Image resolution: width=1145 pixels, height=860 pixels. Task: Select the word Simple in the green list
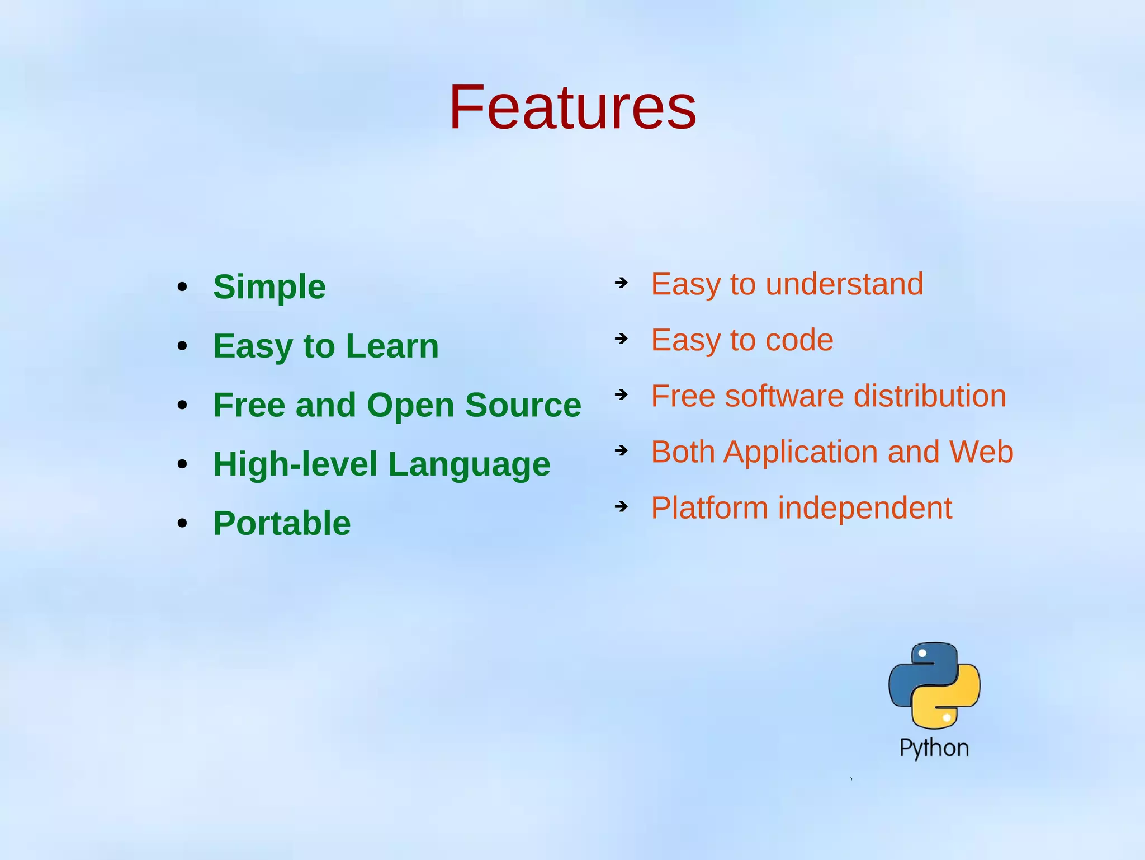pyautogui.click(x=269, y=287)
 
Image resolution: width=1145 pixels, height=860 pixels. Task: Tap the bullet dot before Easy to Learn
pyautogui.click(x=182, y=346)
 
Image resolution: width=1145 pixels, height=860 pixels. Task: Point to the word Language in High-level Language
pyautogui.click(x=469, y=464)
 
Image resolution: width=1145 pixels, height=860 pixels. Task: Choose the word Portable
pyautogui.click(x=282, y=524)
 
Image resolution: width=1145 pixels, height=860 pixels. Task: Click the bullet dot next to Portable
pyautogui.click(x=182, y=524)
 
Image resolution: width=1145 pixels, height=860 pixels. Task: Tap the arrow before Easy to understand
pyautogui.click(x=621, y=283)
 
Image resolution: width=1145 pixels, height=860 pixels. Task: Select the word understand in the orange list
pyautogui.click(x=844, y=284)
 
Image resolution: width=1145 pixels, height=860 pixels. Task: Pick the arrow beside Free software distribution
pyautogui.click(x=621, y=394)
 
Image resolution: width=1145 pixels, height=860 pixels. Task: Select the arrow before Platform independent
pyautogui.click(x=621, y=506)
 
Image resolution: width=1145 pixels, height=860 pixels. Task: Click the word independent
pyautogui.click(x=865, y=508)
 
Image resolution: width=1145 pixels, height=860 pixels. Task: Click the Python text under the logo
pyautogui.click(x=934, y=748)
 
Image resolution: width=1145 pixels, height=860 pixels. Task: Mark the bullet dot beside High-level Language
pyautogui.click(x=182, y=464)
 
